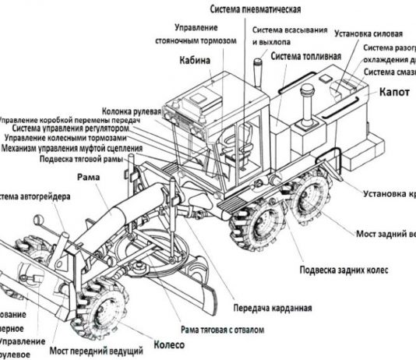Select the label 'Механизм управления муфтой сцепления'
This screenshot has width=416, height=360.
pyautogui.click(x=72, y=147)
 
